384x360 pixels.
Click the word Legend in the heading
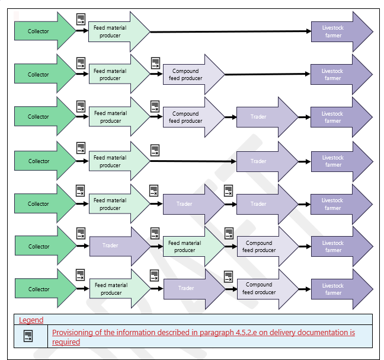[x=31, y=320]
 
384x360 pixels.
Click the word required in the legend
[x=66, y=342]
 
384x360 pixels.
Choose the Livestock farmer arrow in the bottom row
[x=338, y=289]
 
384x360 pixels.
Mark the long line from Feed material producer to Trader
[x=193, y=161]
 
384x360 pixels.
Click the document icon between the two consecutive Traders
[x=229, y=191]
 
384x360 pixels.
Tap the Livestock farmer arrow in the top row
[x=338, y=31]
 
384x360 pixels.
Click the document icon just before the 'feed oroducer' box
[x=228, y=276]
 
